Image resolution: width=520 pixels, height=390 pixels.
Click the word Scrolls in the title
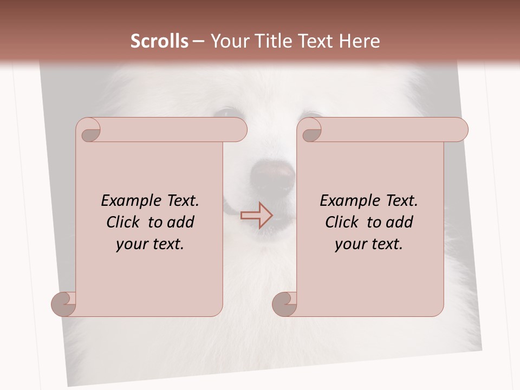159,41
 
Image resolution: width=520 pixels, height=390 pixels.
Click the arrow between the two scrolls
256,215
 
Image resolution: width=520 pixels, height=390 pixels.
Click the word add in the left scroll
181,222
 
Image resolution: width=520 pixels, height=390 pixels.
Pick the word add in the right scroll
400,222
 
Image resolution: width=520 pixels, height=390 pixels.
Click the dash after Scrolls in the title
198,42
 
